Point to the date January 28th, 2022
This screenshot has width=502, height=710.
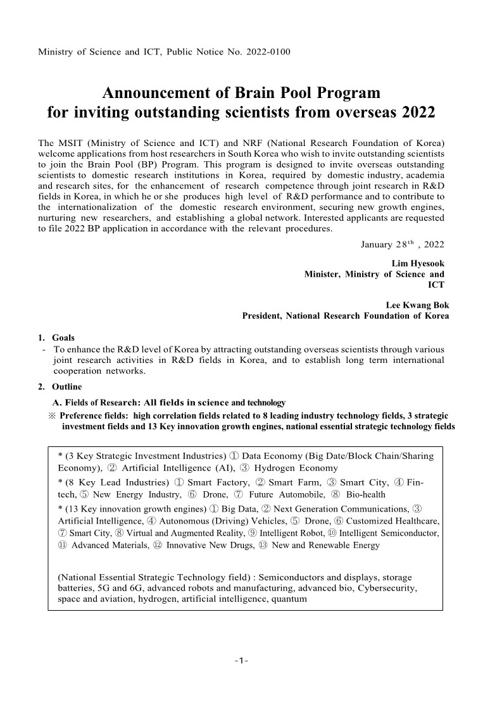pyautogui.click(x=402, y=245)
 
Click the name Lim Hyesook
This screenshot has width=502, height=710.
pyautogui.click(x=418, y=262)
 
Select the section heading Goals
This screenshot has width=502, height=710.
pyautogui.click(x=63, y=338)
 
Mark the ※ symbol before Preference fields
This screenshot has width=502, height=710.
pyautogui.click(x=52, y=415)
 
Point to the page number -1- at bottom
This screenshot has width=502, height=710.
pyautogui.click(x=241, y=661)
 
